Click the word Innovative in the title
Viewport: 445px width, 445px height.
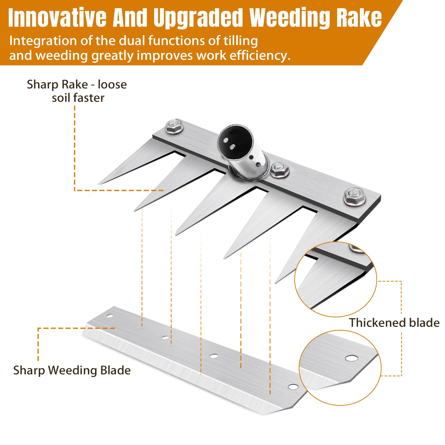(x=57, y=18)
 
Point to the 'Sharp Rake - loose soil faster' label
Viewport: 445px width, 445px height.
(x=77, y=91)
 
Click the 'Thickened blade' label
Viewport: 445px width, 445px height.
(x=394, y=323)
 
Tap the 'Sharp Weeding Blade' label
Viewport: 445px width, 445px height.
(x=72, y=370)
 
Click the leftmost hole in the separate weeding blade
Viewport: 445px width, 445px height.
(x=110, y=316)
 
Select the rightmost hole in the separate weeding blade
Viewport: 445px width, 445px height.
(x=293, y=387)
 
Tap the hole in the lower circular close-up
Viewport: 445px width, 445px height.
(x=352, y=358)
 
